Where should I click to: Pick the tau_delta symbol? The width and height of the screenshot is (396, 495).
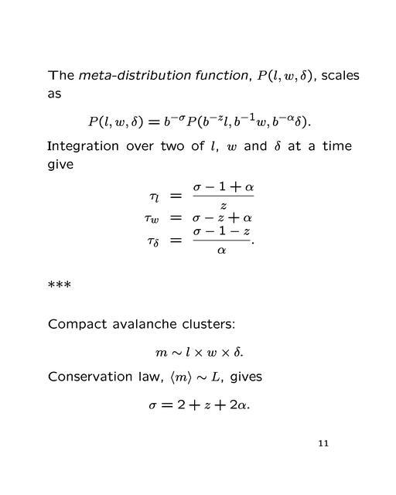coord(155,241)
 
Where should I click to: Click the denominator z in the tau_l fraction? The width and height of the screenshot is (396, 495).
coord(223,207)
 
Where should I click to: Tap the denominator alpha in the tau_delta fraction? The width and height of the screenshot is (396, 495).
coord(221,251)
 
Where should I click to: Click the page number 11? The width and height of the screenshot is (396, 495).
coord(323,444)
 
